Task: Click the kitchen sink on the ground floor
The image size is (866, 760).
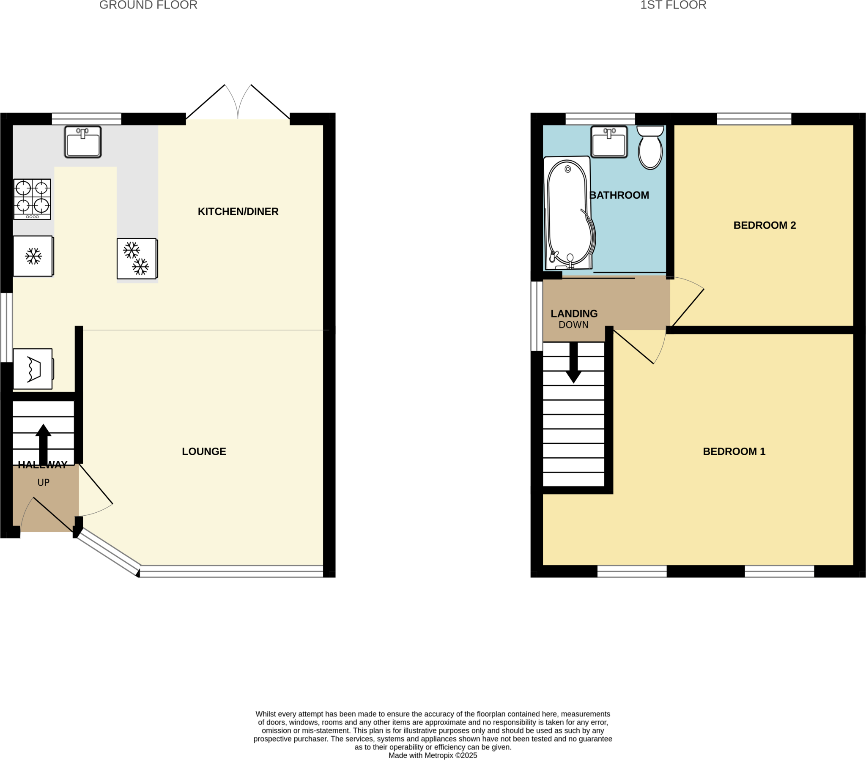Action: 82,142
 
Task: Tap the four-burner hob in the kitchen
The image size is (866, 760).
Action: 32,199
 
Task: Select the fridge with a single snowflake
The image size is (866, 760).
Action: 33,256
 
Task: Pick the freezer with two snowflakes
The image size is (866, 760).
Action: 137,258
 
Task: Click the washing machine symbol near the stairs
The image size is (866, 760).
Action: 33,369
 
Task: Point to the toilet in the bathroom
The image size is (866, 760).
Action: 650,148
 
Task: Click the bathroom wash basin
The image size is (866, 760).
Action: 609,142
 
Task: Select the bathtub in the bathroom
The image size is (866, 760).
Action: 568,213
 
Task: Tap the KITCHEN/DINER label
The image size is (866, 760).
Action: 238,211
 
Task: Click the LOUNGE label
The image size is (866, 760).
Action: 204,451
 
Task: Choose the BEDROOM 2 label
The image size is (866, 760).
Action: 765,225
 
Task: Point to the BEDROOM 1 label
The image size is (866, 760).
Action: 734,451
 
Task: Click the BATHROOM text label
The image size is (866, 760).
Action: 619,195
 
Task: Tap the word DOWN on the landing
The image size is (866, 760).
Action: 573,325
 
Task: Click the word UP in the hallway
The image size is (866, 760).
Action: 43,483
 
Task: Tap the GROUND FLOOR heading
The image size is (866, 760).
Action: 148,5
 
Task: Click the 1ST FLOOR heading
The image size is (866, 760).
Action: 673,5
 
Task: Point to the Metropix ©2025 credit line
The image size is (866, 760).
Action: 433,755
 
